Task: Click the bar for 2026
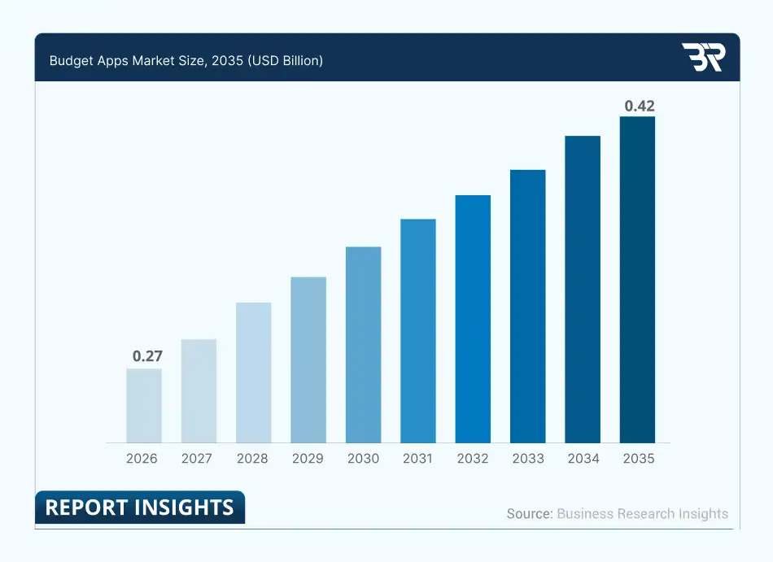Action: coord(144,406)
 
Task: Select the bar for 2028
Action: coord(254,372)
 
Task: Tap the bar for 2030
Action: coord(364,345)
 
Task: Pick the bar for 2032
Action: coord(473,319)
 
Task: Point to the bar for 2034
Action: coord(583,290)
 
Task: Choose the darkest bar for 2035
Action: coord(638,280)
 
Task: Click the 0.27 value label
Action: coord(147,355)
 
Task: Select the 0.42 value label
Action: coord(639,106)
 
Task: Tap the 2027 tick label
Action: coord(197,459)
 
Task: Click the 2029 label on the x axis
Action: coord(308,459)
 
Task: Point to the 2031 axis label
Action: coord(417,459)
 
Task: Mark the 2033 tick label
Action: coord(528,459)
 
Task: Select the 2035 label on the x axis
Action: coord(639,459)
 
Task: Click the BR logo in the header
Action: coord(702,57)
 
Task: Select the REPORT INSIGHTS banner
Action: coord(139,508)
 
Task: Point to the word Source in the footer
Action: coord(527,514)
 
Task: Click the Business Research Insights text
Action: coord(643,514)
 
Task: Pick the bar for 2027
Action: coord(199,391)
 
